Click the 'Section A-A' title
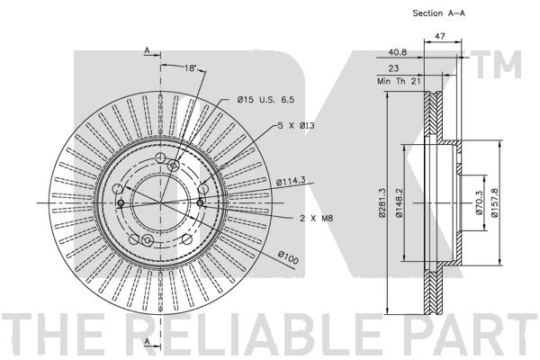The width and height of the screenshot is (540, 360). [439, 13]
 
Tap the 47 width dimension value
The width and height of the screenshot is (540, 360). [440, 36]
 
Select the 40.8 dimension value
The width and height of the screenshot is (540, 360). [398, 52]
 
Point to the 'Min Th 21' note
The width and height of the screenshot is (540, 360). [399, 81]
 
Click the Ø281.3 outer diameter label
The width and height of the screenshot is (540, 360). [382, 202]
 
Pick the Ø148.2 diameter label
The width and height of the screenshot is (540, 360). [399, 202]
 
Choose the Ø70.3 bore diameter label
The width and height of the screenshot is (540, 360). [479, 203]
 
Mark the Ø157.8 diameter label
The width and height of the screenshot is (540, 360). [494, 202]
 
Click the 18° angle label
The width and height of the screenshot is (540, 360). [190, 67]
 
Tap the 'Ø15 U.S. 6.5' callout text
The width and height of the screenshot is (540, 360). [265, 100]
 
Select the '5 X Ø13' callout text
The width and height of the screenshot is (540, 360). [296, 125]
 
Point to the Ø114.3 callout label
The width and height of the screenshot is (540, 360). [291, 181]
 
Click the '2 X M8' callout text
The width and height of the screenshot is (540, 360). [316, 218]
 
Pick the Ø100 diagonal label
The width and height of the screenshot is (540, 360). [288, 257]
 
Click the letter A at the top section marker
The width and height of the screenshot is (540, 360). [147, 50]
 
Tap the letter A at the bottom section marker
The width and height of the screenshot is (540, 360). [147, 341]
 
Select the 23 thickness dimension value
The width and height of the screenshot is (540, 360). [393, 68]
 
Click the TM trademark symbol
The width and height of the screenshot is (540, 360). [496, 65]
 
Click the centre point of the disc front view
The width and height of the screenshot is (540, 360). [160, 202]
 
